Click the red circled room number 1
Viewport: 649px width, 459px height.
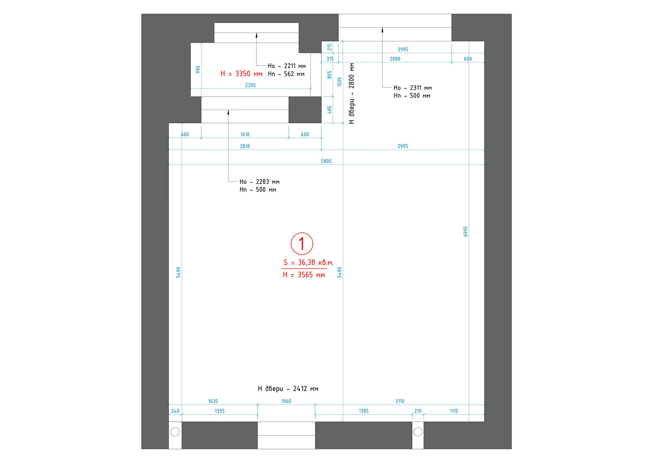pyautogui.click(x=302, y=243)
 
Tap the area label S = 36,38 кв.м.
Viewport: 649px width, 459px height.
pyautogui.click(x=308, y=263)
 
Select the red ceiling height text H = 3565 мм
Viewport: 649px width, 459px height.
pyautogui.click(x=304, y=275)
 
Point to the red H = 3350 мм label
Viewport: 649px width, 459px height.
pyautogui.click(x=241, y=74)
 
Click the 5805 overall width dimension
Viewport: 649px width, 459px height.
pyautogui.click(x=326, y=161)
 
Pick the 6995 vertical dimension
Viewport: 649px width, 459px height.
pyautogui.click(x=465, y=231)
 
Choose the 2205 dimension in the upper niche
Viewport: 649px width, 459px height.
pyautogui.click(x=250, y=85)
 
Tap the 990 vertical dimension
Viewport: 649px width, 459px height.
pyautogui.click(x=198, y=69)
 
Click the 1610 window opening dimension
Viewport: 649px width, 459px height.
pyautogui.click(x=245, y=134)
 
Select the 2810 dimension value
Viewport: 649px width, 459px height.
pyautogui.click(x=245, y=147)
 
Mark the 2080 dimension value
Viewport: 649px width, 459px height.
pyautogui.click(x=395, y=59)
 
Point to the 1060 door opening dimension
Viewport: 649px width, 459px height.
pyautogui.click(x=286, y=401)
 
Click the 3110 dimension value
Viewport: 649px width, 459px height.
pyautogui.click(x=400, y=401)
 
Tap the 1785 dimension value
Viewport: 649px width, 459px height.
pyautogui.click(x=364, y=411)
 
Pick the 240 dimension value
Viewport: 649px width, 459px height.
pyautogui.click(x=175, y=411)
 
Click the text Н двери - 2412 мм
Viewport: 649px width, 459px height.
pyautogui.click(x=288, y=389)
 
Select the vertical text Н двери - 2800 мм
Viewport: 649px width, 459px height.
pyautogui.click(x=351, y=94)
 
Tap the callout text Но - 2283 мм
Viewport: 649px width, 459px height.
pyautogui.click(x=259, y=182)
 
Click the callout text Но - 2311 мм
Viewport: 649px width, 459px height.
pyautogui.click(x=413, y=88)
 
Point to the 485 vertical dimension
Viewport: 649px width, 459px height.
pyautogui.click(x=330, y=110)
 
